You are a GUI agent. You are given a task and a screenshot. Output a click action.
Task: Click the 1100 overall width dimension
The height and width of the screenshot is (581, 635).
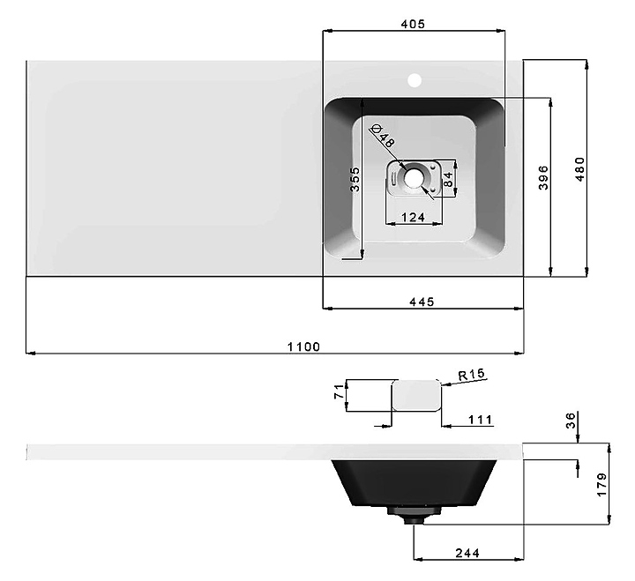click(303, 347)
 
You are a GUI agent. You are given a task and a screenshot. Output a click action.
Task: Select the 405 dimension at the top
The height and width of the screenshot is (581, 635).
click(413, 25)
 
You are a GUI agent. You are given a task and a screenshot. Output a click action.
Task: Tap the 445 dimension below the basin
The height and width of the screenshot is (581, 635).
click(422, 302)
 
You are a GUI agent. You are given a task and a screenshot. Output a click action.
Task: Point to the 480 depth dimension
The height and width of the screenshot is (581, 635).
click(580, 169)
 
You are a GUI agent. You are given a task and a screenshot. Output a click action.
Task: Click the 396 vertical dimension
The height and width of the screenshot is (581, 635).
click(543, 177)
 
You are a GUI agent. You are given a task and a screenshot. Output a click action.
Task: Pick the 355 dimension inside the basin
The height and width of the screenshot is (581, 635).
click(355, 179)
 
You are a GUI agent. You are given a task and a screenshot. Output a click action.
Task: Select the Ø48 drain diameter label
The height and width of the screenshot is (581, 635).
click(383, 136)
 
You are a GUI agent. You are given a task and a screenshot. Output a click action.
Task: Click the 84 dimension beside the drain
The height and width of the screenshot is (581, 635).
click(448, 179)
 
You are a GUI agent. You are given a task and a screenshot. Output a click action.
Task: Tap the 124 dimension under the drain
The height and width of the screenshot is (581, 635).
click(413, 218)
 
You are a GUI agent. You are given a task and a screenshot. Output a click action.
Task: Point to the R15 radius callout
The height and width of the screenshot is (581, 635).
click(471, 374)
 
